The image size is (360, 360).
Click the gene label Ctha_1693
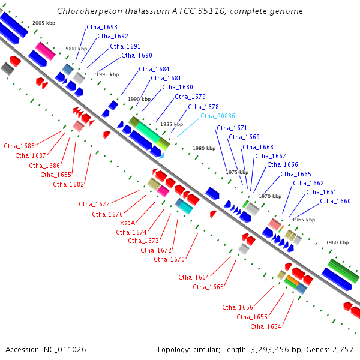coord(102,27)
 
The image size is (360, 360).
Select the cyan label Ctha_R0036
coord(218,116)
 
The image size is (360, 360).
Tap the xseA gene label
coord(128,223)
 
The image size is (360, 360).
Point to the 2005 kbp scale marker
coord(44,23)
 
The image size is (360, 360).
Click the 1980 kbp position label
coord(204,148)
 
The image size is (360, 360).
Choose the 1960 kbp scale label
coord(337,242)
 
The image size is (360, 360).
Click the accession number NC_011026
coord(65,350)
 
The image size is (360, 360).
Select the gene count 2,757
coord(343,350)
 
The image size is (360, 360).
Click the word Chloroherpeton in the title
coord(89,11)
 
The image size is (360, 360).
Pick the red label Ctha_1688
coord(19,146)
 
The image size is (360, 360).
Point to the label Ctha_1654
coord(266,326)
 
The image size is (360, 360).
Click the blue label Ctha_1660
coord(335,201)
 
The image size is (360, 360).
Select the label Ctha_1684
coord(154,69)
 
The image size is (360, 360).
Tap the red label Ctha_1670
coord(169,259)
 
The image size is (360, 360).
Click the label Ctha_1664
coord(194,277)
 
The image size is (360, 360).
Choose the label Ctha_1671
coord(232,128)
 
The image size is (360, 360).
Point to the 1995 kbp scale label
coord(107,74)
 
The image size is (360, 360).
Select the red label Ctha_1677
coord(94,204)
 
